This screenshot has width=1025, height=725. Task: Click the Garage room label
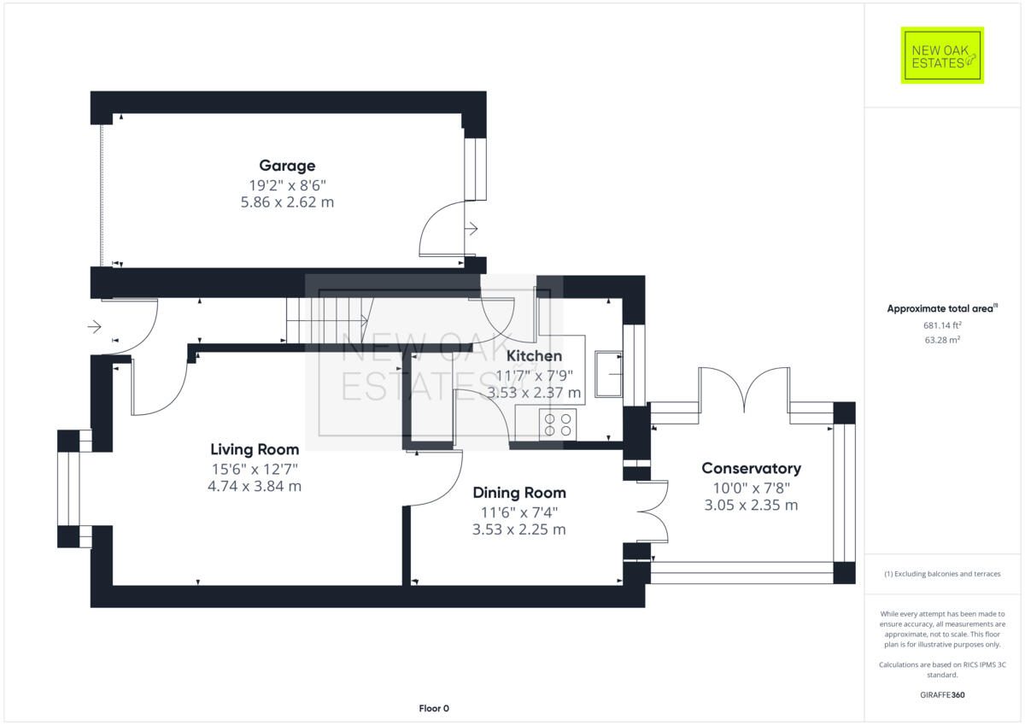pos(287,166)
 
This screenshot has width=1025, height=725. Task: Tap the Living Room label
pos(255,449)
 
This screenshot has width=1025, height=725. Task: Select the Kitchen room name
pos(535,356)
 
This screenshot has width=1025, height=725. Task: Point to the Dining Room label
pos(519,493)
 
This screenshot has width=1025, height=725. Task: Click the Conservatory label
pos(751,468)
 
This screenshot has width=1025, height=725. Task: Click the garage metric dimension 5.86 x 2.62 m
pos(287,202)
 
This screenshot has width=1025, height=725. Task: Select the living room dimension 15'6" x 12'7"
pos(255,469)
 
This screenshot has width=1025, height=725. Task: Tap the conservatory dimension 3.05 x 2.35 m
pos(751,505)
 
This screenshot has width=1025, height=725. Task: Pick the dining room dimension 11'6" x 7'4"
pos(519,512)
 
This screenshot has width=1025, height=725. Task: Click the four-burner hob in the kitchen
pos(558,424)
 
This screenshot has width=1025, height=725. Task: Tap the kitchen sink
pos(609,375)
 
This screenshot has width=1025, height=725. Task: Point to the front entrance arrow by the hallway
pos(94,326)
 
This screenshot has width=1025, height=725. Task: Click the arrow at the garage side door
pos(471,228)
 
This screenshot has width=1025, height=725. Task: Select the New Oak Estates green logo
pos(942,56)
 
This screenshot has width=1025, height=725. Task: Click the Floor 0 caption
pos(434,708)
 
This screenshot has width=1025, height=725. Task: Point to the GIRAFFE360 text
pos(942,695)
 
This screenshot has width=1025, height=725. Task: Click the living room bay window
pos(68,488)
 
